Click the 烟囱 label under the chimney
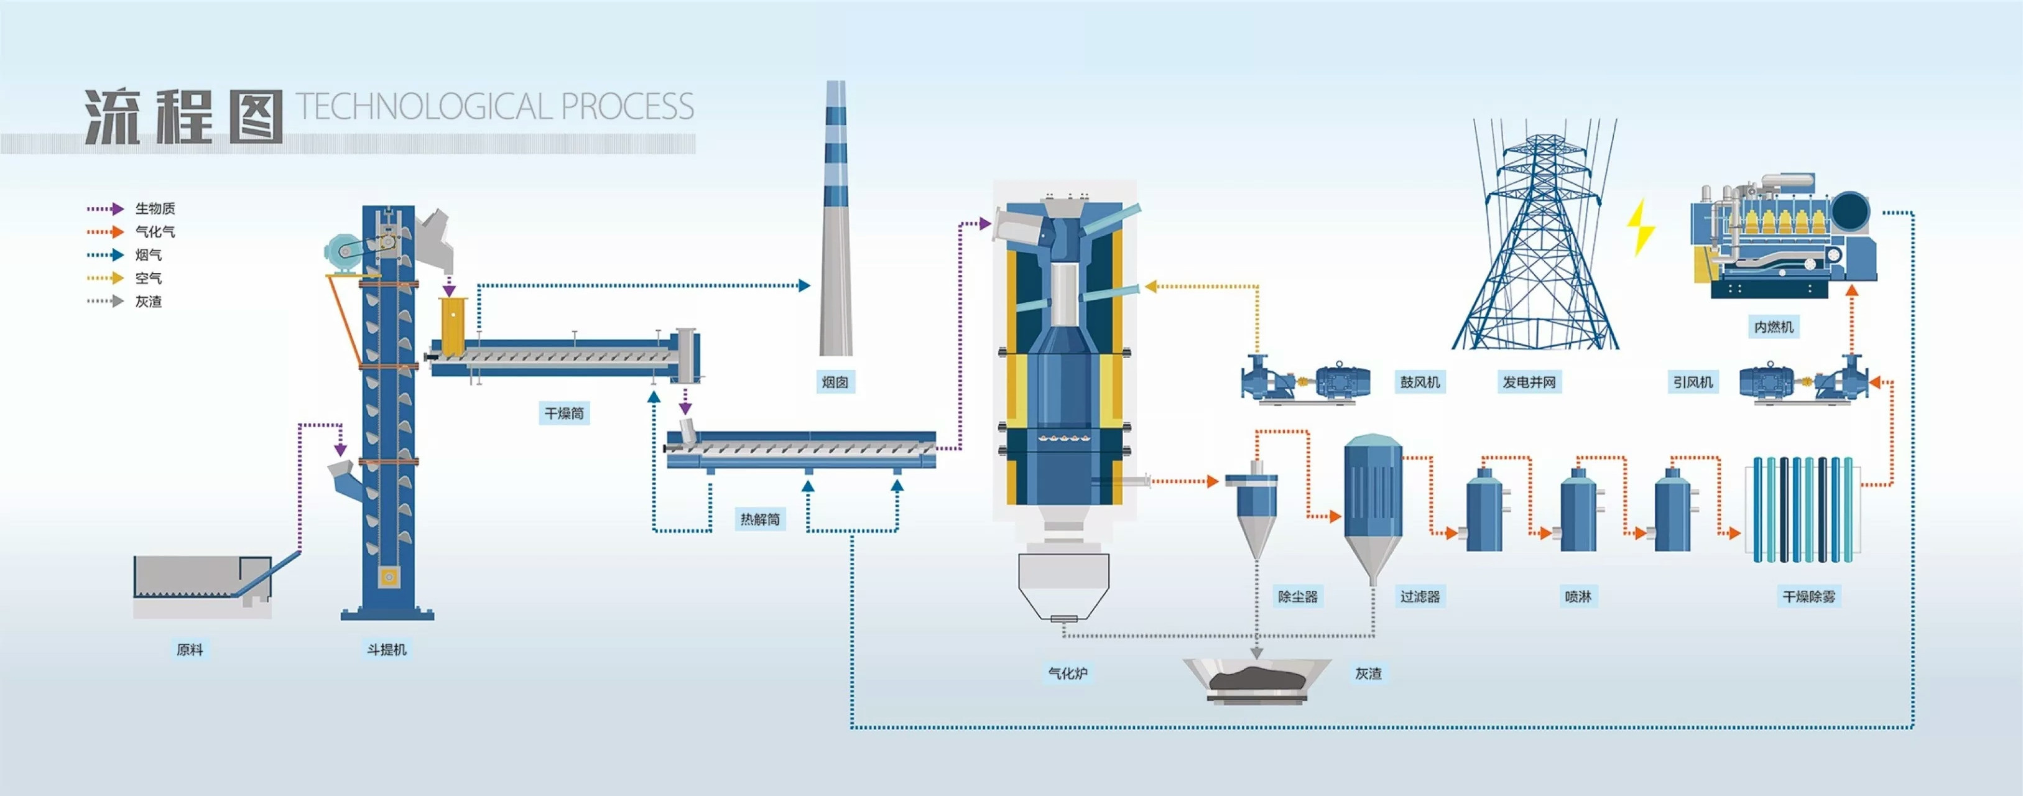coord(834,382)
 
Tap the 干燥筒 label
coord(564,413)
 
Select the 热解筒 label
coord(759,519)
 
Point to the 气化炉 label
coord(1067,673)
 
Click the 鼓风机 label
coord(1420,382)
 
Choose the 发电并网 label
coord(1528,382)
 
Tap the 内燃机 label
coord(1773,326)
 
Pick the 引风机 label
coord(1692,382)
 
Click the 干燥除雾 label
coord(1808,596)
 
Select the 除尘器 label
coord(1297,596)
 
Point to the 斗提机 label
coord(386,649)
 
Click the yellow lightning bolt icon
coord(1640,227)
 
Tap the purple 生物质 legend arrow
coord(105,209)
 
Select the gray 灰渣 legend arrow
coord(105,302)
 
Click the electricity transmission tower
coord(1535,243)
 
